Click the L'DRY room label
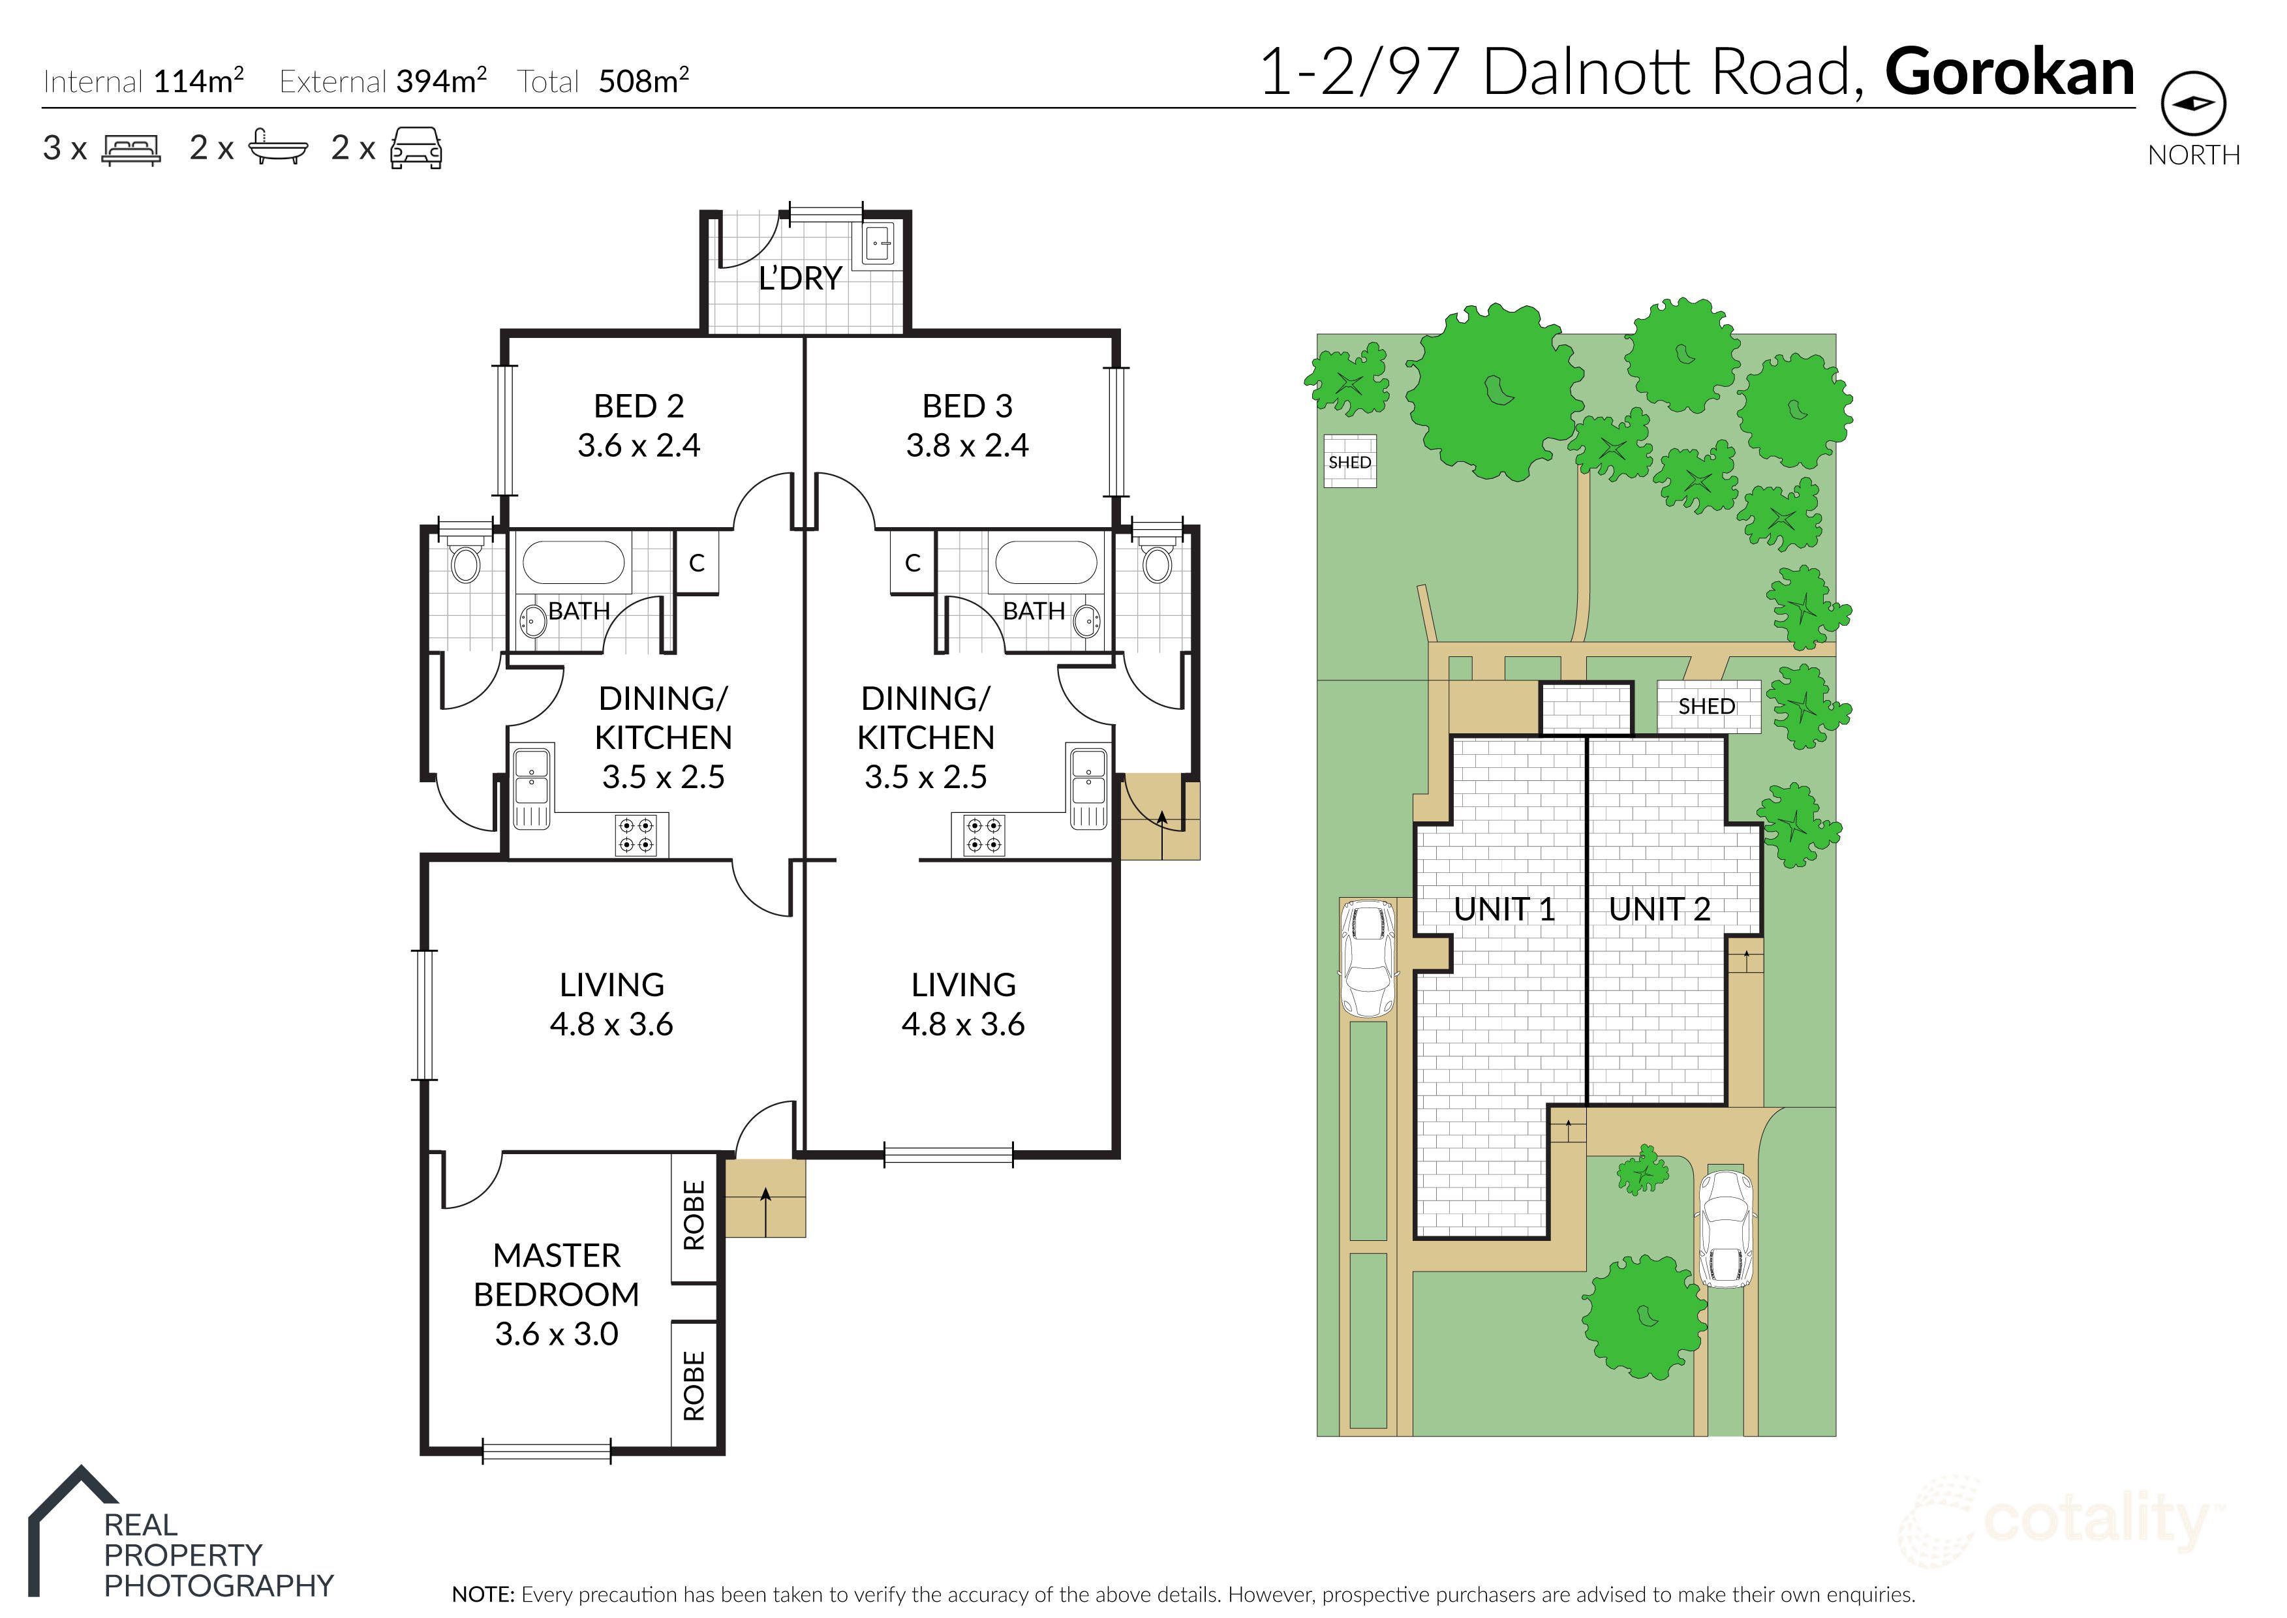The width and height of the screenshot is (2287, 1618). (800, 278)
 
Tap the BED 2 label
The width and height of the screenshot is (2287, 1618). (639, 406)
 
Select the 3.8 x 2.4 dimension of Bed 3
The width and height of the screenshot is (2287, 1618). (966, 446)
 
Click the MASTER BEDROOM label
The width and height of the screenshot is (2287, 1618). (556, 1274)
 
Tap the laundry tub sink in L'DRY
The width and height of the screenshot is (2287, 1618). (878, 242)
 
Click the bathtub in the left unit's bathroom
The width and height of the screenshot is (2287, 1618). (574, 563)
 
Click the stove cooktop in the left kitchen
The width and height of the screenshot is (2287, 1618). (636, 835)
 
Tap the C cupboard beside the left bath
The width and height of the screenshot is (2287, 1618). (697, 563)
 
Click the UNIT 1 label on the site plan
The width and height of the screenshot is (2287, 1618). (1504, 909)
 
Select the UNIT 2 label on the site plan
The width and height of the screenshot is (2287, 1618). (1659, 909)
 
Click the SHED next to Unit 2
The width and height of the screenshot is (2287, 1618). (1707, 707)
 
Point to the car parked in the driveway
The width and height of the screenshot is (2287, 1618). (1725, 1229)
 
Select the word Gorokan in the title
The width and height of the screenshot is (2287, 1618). (2009, 72)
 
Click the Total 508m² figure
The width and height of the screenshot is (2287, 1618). (643, 81)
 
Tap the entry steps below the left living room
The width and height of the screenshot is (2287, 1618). (764, 1198)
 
